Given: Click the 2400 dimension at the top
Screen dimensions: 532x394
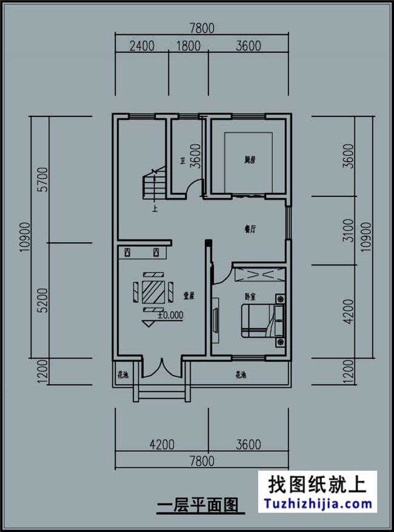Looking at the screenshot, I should (x=142, y=45).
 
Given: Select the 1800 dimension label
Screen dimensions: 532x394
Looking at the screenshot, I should (x=187, y=45).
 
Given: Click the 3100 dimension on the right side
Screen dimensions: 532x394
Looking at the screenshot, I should (x=347, y=230).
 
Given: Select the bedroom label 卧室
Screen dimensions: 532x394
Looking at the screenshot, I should (x=250, y=297).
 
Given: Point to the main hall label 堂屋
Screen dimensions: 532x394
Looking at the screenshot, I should (x=189, y=296).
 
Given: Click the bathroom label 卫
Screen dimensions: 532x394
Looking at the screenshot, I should (x=181, y=161).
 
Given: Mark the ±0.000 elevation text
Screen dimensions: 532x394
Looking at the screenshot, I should (x=170, y=315).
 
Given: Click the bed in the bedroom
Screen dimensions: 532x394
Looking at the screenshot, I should (x=262, y=320).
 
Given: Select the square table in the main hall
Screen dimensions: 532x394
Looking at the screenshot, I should (x=153, y=293).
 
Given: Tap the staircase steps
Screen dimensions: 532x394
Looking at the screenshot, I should (x=150, y=185).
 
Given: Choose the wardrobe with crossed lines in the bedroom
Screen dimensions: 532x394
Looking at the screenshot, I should (x=259, y=275).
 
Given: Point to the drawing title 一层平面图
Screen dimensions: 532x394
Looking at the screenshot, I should (x=196, y=505).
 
